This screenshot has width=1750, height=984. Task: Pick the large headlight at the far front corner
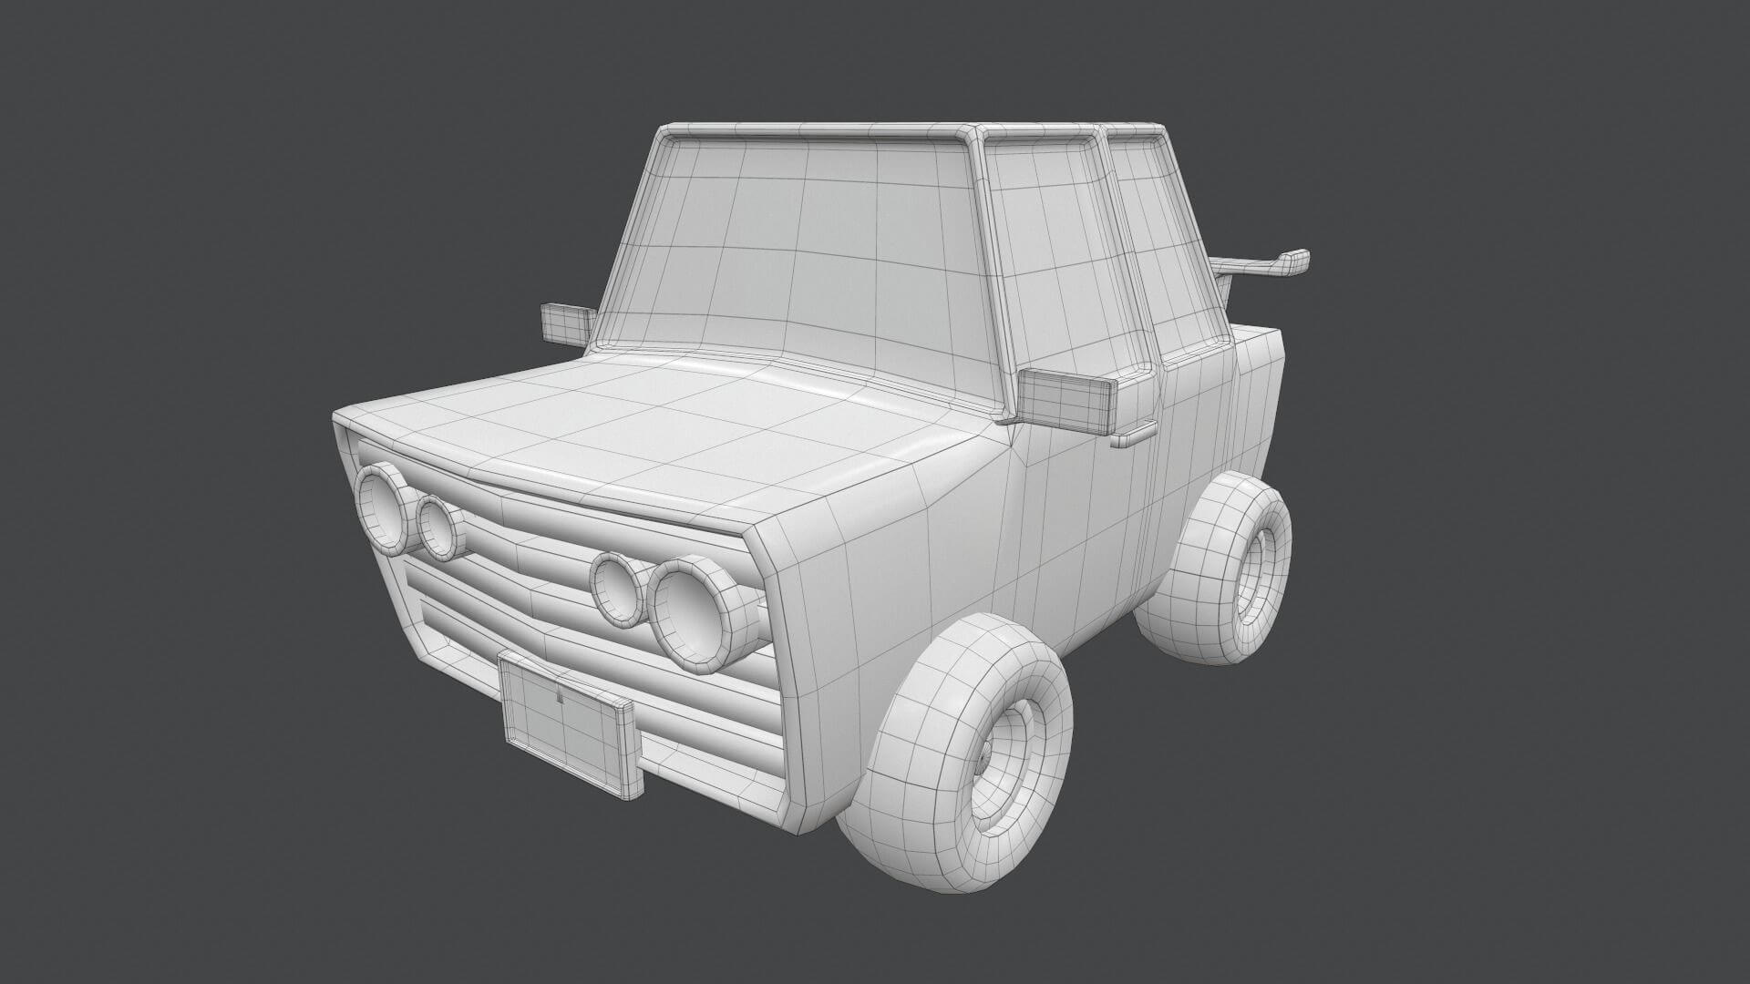[x=384, y=507]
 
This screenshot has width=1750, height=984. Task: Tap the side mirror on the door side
[x=1066, y=402]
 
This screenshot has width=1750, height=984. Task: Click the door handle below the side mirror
[x=1133, y=437]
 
